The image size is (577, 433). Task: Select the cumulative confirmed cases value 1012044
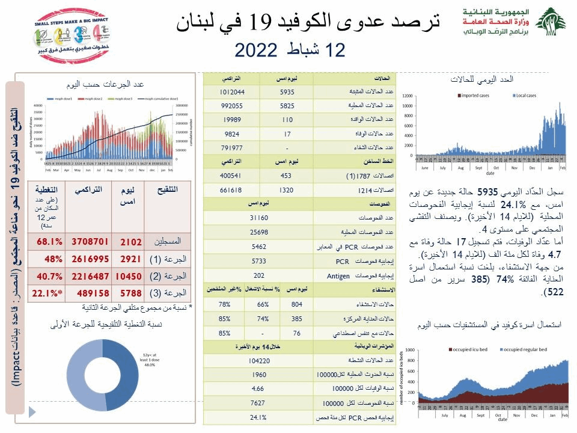231,92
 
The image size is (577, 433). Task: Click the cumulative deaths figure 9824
231,134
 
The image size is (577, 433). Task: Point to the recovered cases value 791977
231,147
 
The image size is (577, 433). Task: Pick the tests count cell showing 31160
258,218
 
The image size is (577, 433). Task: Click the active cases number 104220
258,361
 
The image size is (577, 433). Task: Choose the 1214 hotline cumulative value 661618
231,189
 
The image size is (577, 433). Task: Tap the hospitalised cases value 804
296,305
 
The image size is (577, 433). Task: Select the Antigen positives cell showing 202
258,275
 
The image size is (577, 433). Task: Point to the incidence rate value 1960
258,375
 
